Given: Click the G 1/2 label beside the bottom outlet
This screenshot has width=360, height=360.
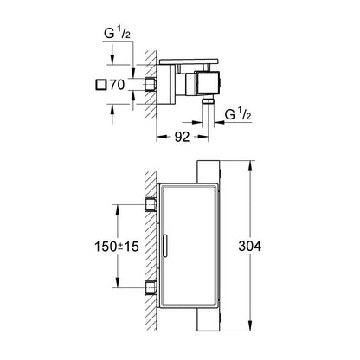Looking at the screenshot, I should click(241, 113).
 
